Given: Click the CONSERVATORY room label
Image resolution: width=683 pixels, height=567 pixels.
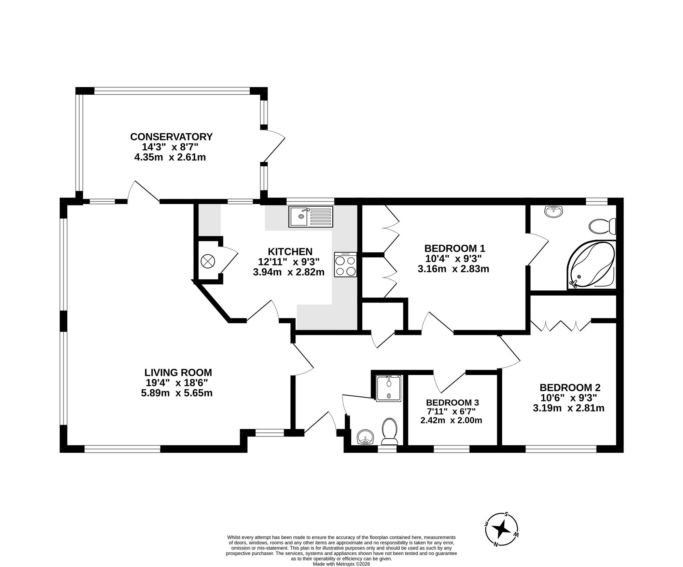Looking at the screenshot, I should [x=171, y=137].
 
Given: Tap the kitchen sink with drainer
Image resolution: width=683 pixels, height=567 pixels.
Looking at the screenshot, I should [x=310, y=216].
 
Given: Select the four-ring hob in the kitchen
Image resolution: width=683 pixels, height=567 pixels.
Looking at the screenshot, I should [x=346, y=265].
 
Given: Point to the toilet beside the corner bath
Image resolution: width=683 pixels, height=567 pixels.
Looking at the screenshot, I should [x=602, y=226].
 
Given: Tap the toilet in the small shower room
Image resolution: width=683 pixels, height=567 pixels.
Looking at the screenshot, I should [x=389, y=431].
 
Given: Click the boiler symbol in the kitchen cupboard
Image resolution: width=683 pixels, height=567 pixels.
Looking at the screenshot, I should [x=207, y=261].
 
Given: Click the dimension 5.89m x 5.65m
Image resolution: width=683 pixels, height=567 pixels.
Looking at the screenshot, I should [x=177, y=393].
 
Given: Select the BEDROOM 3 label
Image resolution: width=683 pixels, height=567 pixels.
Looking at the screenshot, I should [x=452, y=402].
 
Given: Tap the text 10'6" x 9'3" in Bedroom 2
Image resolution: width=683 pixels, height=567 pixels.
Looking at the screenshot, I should [x=569, y=398].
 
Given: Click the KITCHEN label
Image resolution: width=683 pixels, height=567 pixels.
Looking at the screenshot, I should [x=290, y=252].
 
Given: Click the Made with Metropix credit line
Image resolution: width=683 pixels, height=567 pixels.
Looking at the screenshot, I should [x=341, y=564].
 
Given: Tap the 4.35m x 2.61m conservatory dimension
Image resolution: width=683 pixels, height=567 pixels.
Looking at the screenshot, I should [x=170, y=158].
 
